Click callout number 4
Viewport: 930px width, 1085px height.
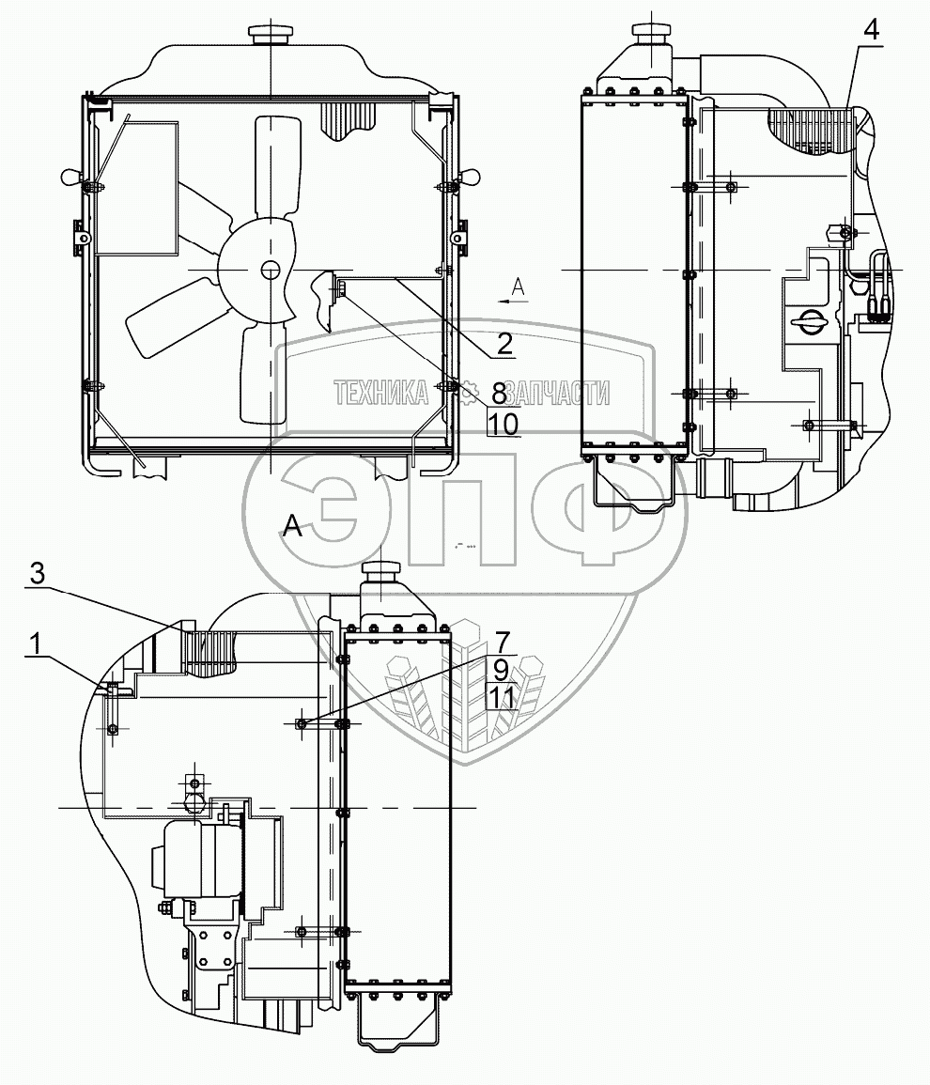pyautogui.click(x=872, y=29)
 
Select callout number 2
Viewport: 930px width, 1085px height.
pyautogui.click(x=504, y=344)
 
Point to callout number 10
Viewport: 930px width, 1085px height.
pyautogui.click(x=503, y=424)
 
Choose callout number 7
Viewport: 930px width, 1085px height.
pyautogui.click(x=502, y=643)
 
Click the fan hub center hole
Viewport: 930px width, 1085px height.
pyautogui.click(x=271, y=271)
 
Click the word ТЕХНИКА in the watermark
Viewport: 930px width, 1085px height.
pyautogui.click(x=378, y=393)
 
